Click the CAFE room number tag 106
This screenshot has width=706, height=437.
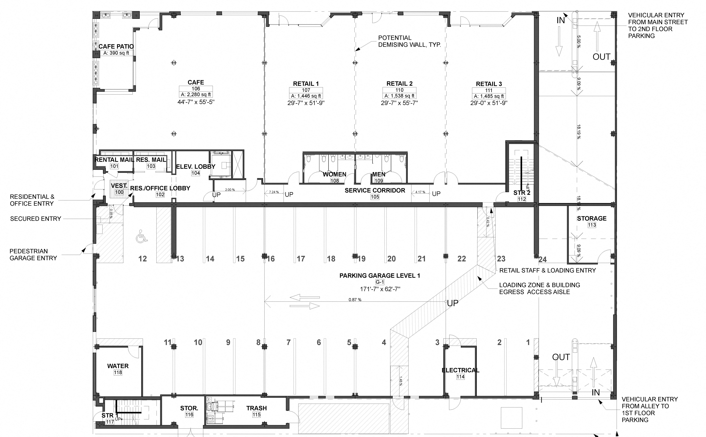(196, 89)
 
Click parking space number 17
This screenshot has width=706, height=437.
(301, 259)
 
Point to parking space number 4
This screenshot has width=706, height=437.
(384, 342)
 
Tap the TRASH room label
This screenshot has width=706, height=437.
(256, 408)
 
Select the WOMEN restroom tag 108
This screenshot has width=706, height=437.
(335, 181)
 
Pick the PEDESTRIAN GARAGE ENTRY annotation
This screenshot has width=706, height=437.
(33, 255)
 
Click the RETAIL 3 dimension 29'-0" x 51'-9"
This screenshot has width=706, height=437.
(489, 103)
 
